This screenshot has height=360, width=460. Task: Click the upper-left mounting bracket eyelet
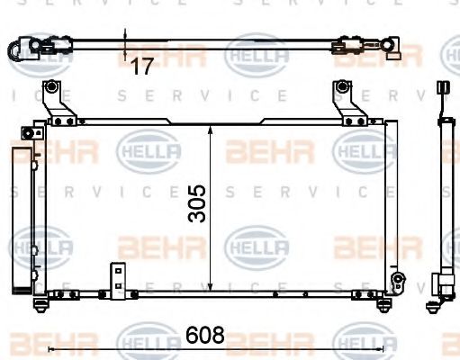click(53, 88)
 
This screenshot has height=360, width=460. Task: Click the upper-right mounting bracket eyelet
click(343, 87)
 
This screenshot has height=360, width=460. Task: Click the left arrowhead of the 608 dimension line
click(50, 347)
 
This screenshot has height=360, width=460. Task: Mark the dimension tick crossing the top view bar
click(125, 41)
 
